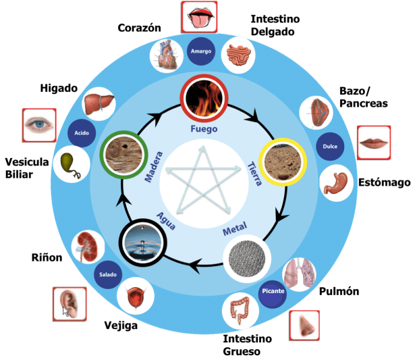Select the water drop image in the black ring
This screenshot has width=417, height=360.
142,241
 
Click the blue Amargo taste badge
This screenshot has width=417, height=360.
202,51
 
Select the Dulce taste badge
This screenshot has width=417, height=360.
330,145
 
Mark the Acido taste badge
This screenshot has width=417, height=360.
82,132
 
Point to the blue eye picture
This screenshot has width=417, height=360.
38,124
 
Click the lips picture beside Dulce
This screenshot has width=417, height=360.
373,143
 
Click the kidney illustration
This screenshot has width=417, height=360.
86,246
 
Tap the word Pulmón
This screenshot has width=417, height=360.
339,291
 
